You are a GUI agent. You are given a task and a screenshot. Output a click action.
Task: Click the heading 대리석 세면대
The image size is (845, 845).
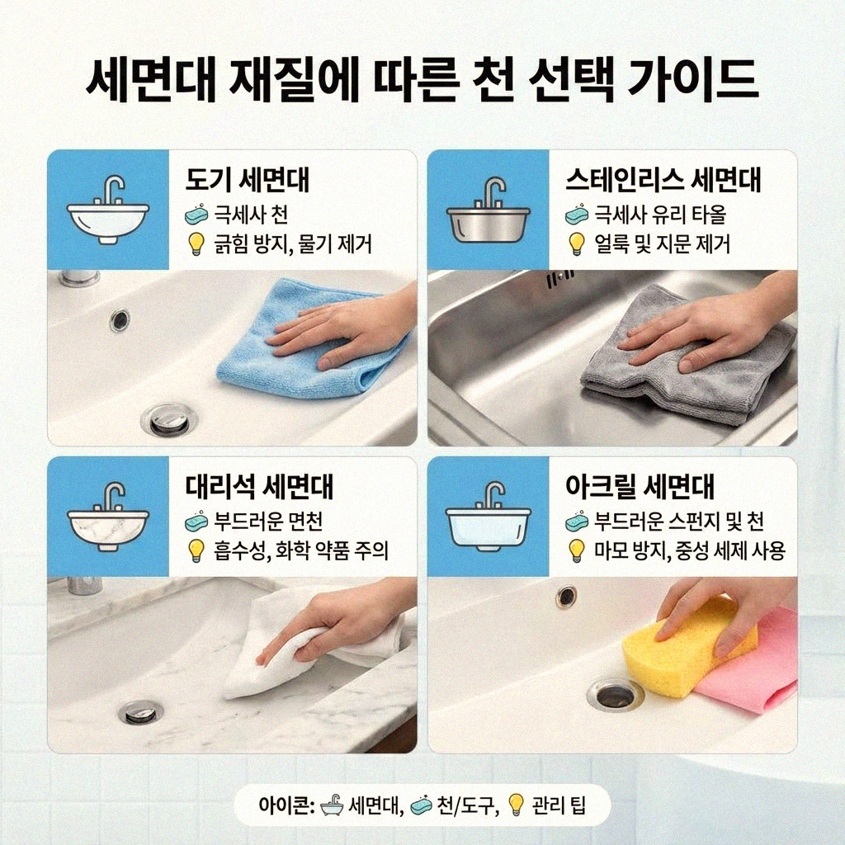point(259,487)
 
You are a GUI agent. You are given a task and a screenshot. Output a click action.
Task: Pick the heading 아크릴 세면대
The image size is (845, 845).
point(640,487)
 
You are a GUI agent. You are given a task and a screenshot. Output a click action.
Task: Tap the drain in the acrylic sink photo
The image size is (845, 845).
point(615,695)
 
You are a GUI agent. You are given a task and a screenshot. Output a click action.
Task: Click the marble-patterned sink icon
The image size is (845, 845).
point(108,518)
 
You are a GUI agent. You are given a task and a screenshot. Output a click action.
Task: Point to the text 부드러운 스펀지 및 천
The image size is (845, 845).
point(679,522)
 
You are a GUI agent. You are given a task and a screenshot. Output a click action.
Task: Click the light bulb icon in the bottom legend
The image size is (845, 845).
point(516,805)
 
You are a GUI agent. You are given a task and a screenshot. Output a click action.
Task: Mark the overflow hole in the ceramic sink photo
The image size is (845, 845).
point(120,319)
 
